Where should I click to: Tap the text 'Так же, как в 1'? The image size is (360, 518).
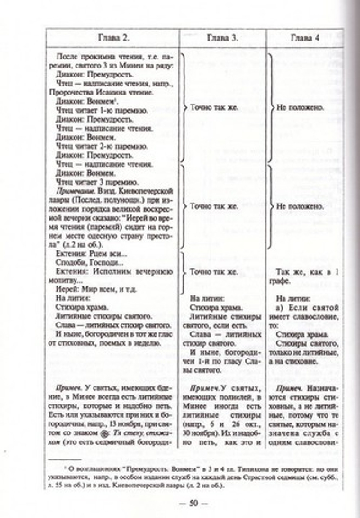306,269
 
